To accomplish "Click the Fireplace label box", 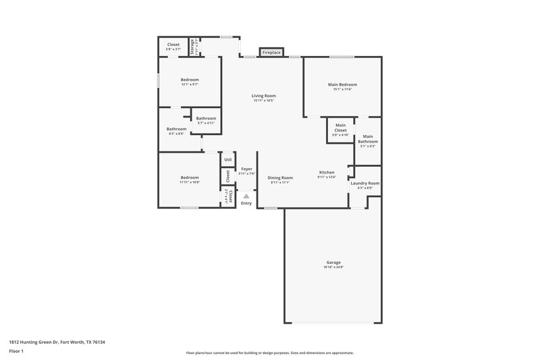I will point(271,52).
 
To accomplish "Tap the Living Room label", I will point(264,96).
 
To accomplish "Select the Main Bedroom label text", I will point(342,84).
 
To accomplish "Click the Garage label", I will point(333,262).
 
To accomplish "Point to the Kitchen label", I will point(327,172).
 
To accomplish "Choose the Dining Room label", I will point(280,178).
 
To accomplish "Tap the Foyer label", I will point(246,169).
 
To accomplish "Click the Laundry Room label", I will point(364,183).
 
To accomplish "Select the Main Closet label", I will point(340,127).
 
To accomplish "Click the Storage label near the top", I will point(193,47).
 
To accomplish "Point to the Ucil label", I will point(228,159).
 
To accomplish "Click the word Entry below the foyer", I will point(246,203).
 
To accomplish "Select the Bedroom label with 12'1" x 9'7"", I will point(190,80).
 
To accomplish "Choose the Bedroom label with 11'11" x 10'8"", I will point(189,178).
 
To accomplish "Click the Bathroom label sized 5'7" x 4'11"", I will point(206,118).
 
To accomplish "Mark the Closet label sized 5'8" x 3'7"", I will point(173,45).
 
